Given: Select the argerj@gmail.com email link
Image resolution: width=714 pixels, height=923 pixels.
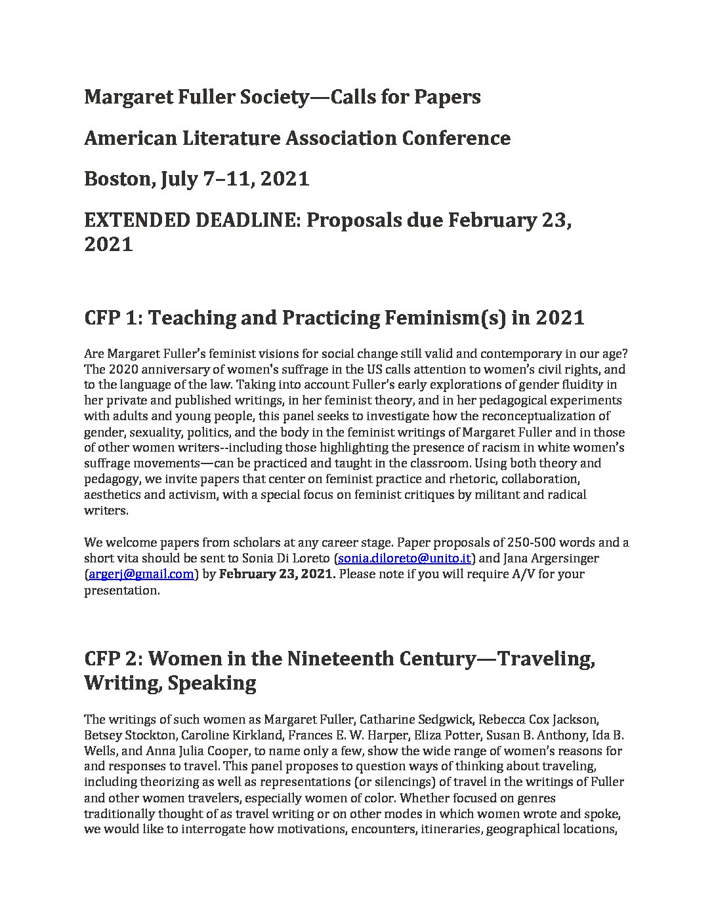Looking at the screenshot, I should click(x=140, y=574).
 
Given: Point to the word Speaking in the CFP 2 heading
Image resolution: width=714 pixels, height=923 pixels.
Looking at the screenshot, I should click(x=213, y=683).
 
